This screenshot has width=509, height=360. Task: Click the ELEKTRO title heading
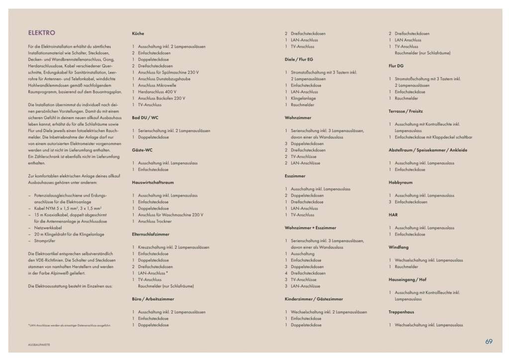pyautogui.click(x=42, y=33)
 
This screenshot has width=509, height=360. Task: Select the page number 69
pyautogui.click(x=489, y=342)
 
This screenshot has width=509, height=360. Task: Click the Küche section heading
pyautogui.click(x=138, y=33)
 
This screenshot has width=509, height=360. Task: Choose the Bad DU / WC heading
pyautogui.click(x=145, y=118)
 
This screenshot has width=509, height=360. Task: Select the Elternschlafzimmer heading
pyautogui.click(x=151, y=234)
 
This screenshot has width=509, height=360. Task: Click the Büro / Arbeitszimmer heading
pyautogui.click(x=153, y=299)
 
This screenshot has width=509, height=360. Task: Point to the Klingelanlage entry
pyautogui.click(x=304, y=98)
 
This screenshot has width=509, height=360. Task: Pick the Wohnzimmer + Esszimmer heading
pyautogui.click(x=310, y=228)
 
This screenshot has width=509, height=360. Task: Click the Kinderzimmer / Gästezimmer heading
pyautogui.click(x=314, y=299)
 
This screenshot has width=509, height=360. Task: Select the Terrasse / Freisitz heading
pyautogui.click(x=406, y=111)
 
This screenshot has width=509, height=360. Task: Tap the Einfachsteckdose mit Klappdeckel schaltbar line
pyautogui.click(x=433, y=137)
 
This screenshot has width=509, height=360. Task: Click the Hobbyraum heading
pyautogui.click(x=401, y=182)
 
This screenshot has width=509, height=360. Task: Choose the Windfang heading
pyautogui.click(x=399, y=247)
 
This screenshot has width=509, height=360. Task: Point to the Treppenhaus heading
pyautogui.click(x=402, y=312)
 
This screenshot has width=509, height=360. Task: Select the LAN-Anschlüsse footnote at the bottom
pyautogui.click(x=70, y=325)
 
